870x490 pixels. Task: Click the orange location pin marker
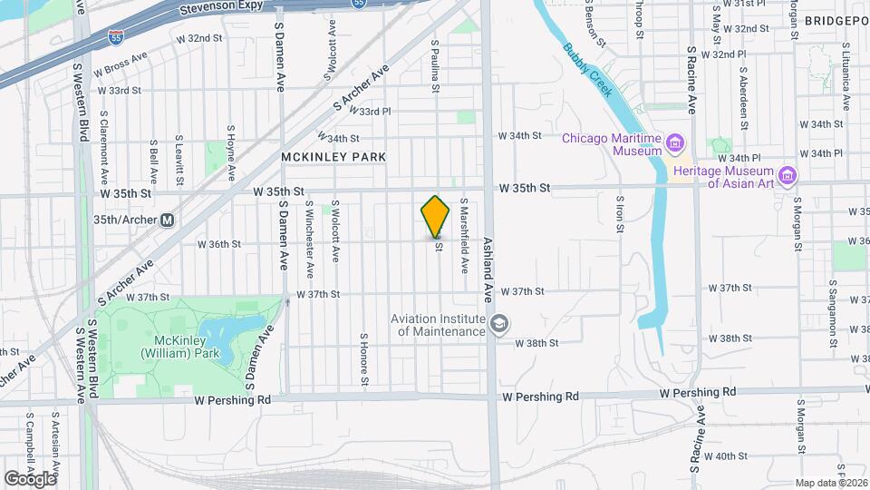pos(435,216)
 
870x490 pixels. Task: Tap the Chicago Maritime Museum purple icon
pos(674,142)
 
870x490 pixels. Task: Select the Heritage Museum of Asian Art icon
pos(787,174)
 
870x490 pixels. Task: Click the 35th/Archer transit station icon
pos(167,220)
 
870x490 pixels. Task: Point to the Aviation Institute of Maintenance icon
pos(499,324)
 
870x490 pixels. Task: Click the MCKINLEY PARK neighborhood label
pos(333,157)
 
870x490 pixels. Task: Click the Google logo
pos(29,478)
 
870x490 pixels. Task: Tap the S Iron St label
pos(620,214)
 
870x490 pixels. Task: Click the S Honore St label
pos(362,358)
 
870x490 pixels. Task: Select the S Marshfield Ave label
pos(464,235)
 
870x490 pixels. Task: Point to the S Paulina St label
pos(436,64)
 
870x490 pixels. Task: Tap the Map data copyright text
pos(831,483)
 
